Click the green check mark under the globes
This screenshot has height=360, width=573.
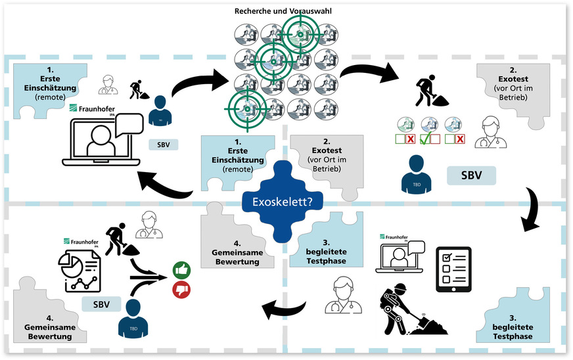point(428,139)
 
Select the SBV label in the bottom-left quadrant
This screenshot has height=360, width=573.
point(101,304)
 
